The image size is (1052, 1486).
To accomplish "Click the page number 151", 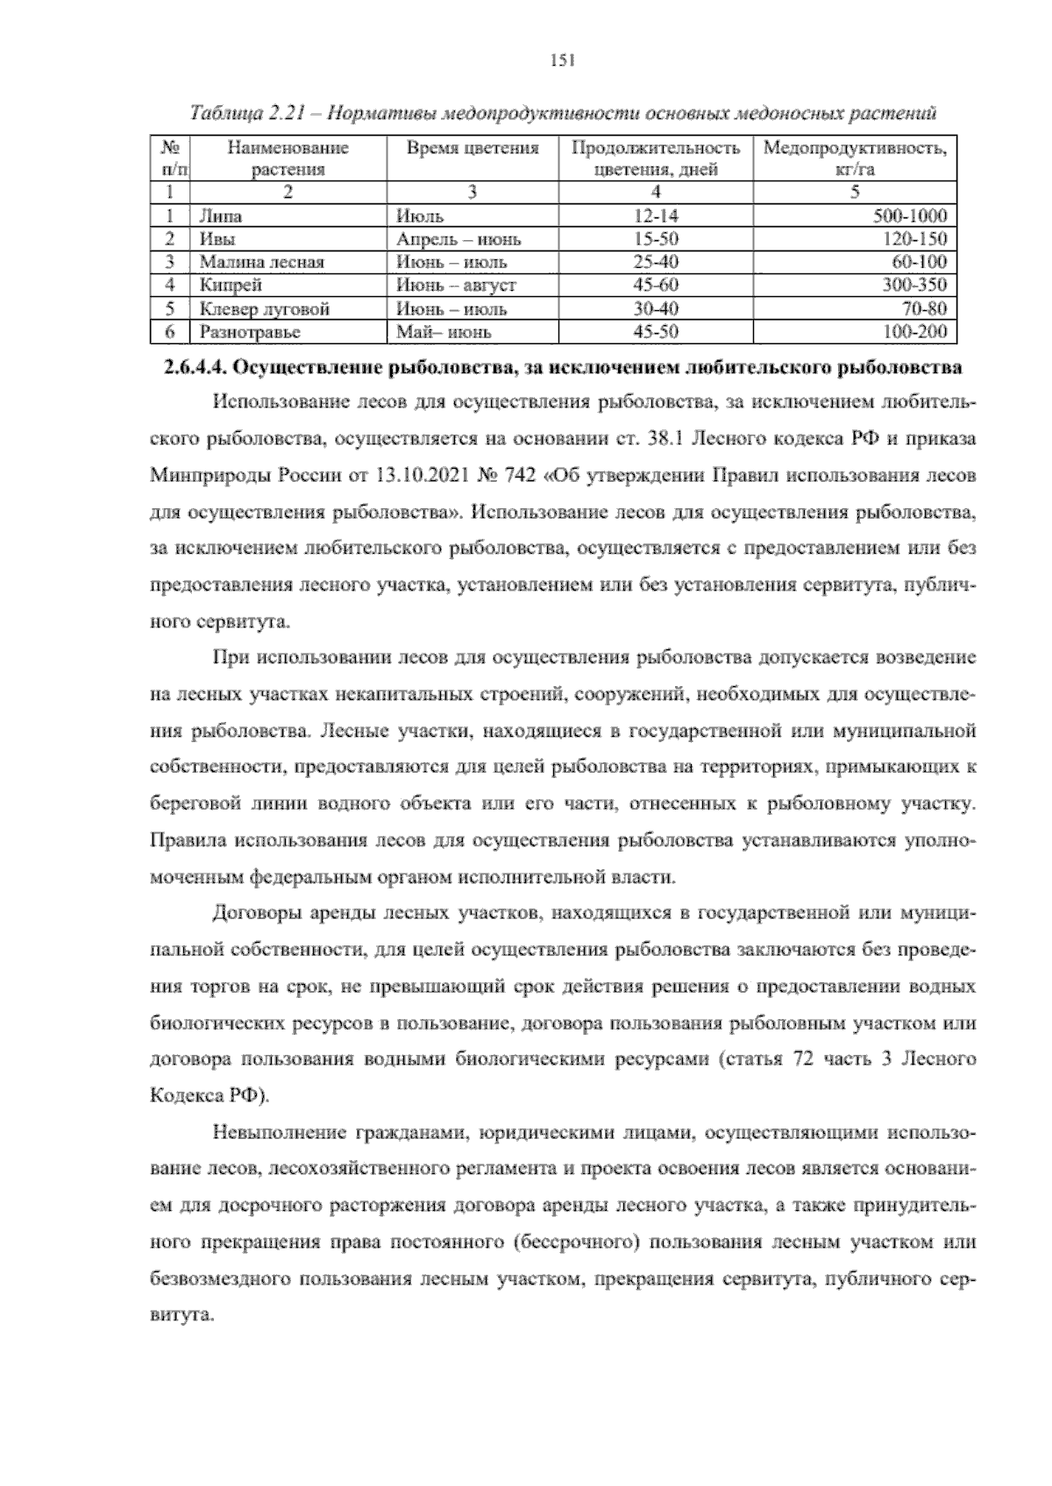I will click(x=560, y=60).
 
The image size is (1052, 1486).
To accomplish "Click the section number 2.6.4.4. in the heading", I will click(x=195, y=368).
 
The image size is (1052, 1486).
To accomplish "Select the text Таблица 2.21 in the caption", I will click(x=235, y=114).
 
